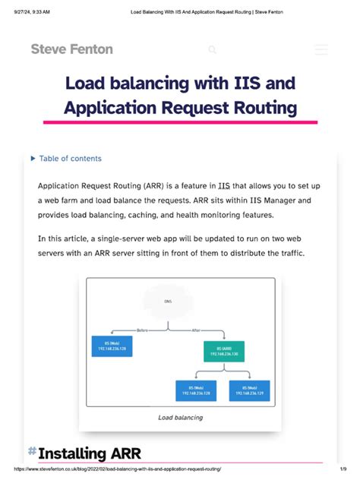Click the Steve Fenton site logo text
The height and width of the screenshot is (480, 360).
[x=71, y=49]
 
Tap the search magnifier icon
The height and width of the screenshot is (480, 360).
[x=213, y=50]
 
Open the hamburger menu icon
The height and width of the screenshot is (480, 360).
[x=321, y=49]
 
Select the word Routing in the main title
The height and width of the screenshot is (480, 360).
[x=263, y=108]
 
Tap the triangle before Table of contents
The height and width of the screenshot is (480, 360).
[x=33, y=159]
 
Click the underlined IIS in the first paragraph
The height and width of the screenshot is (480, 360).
[x=224, y=185]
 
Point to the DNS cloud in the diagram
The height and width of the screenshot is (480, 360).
[x=168, y=302]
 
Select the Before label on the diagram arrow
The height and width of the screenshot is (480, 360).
[x=142, y=330]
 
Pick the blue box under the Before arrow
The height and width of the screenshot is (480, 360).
[x=112, y=346]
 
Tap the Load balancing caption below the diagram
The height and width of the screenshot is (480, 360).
[x=180, y=418]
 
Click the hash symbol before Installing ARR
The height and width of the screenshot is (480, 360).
[x=32, y=452]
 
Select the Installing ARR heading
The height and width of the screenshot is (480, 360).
[x=83, y=453]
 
